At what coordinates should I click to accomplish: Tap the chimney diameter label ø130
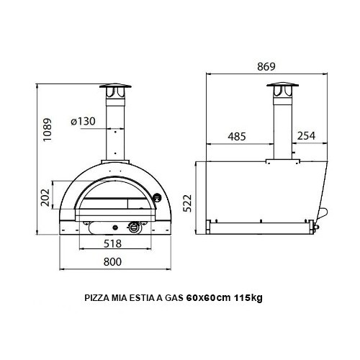pyautogui.click(x=84, y=122)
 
